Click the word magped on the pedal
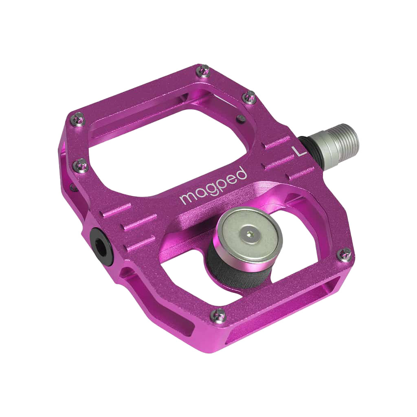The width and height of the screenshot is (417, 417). [213, 187]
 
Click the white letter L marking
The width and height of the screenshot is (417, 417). [299, 151]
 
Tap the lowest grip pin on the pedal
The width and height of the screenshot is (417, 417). [219, 314]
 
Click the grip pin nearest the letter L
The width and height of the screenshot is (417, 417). [250, 97]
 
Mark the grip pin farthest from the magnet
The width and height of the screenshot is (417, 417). [78, 118]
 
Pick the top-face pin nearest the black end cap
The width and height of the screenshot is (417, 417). [81, 165]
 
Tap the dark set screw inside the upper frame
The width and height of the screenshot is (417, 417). [240, 118]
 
